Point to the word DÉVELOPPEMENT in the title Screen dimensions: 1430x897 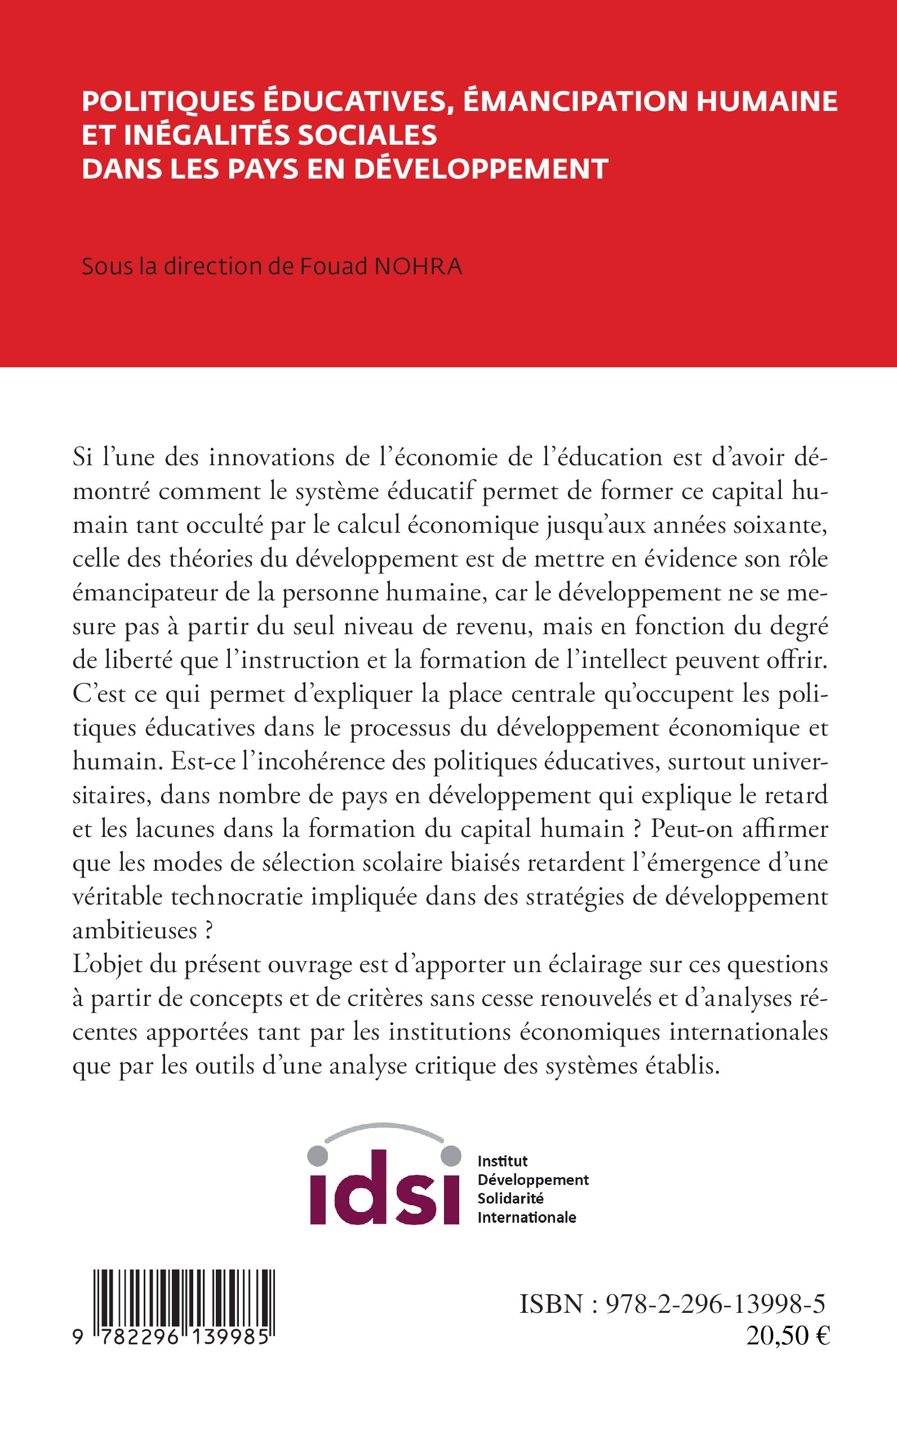pyautogui.click(x=481, y=169)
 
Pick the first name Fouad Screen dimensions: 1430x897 pyautogui.click(x=332, y=267)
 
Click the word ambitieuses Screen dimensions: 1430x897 pyautogui.click(x=135, y=931)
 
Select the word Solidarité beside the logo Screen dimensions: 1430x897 pyautogui.click(x=510, y=1198)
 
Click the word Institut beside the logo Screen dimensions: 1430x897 pyautogui.click(x=503, y=1161)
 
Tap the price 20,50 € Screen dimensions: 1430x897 pyautogui.click(x=788, y=1337)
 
